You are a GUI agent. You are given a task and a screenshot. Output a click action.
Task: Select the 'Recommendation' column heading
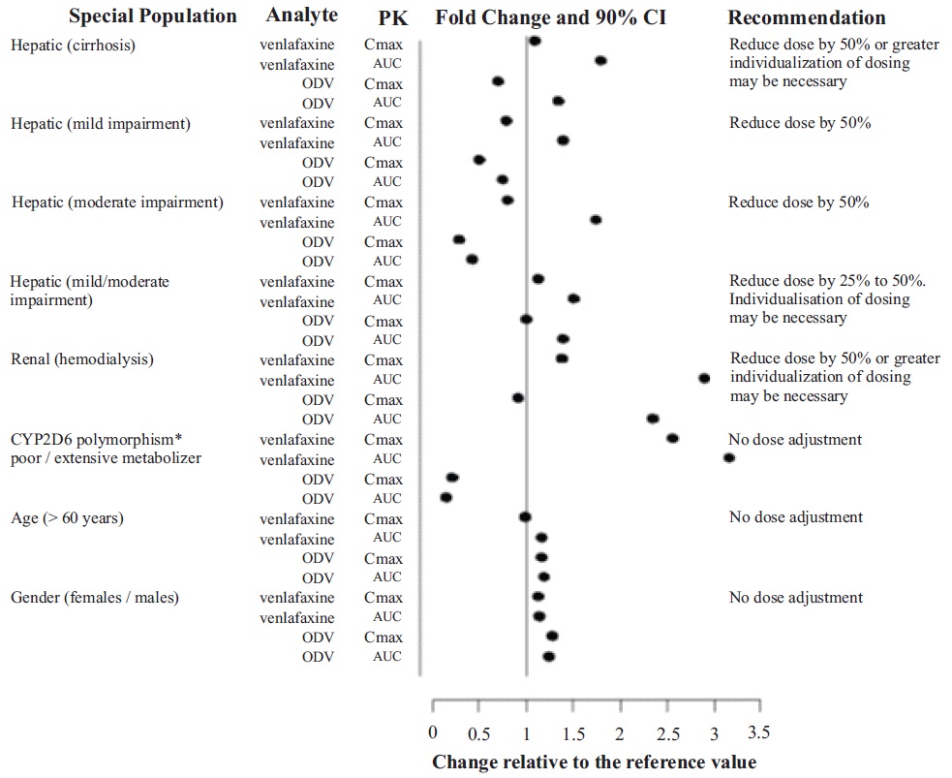806,17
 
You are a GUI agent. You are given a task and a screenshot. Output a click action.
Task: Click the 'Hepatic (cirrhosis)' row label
73,44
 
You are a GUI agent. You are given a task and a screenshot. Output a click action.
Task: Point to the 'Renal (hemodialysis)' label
82,359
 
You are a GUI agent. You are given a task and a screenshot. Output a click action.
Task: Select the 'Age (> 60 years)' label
67,518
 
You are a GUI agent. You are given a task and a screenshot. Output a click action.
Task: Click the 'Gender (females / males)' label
94,598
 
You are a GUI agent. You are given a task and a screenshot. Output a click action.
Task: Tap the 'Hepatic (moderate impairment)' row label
117,202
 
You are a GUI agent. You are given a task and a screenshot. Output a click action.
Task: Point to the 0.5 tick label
478,730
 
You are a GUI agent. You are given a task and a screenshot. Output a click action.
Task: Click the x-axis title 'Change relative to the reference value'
594,762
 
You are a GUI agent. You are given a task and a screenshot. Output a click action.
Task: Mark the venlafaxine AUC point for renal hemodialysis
704,379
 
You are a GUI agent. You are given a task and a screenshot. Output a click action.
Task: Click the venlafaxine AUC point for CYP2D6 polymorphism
729,458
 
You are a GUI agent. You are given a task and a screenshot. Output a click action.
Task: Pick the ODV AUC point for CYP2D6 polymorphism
446,498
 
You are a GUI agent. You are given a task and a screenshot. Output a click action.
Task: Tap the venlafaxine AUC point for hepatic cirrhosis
600,61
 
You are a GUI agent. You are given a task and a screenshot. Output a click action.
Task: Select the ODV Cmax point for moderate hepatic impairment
459,240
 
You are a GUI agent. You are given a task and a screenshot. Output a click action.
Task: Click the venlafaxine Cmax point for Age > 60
525,517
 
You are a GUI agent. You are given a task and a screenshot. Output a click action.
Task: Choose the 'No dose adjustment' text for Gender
795,598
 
